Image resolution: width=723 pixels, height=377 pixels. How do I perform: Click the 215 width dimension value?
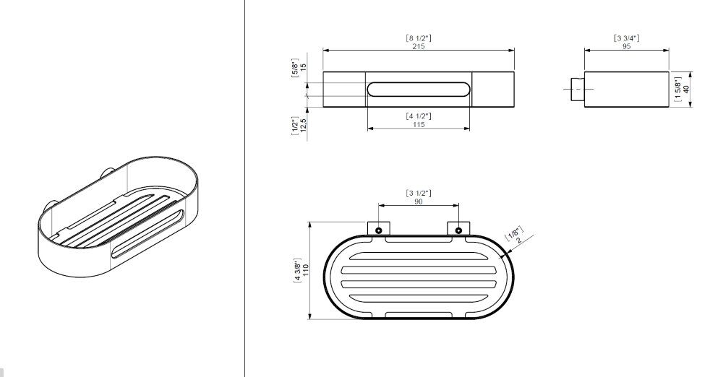click(x=419, y=46)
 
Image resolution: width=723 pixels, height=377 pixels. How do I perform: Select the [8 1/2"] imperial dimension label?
click(x=419, y=38)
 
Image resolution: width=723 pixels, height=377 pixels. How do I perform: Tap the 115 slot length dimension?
click(x=419, y=124)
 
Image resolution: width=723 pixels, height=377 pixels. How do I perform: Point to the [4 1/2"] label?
click(x=419, y=116)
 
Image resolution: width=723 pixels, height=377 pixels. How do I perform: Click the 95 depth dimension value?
click(x=626, y=46)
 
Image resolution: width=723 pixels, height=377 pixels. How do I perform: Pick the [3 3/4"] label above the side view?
click(x=626, y=38)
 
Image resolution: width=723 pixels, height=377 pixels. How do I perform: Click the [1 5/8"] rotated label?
click(x=677, y=90)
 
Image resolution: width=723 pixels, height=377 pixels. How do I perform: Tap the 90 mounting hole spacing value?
click(x=418, y=201)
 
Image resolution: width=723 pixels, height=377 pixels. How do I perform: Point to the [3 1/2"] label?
click(x=418, y=193)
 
